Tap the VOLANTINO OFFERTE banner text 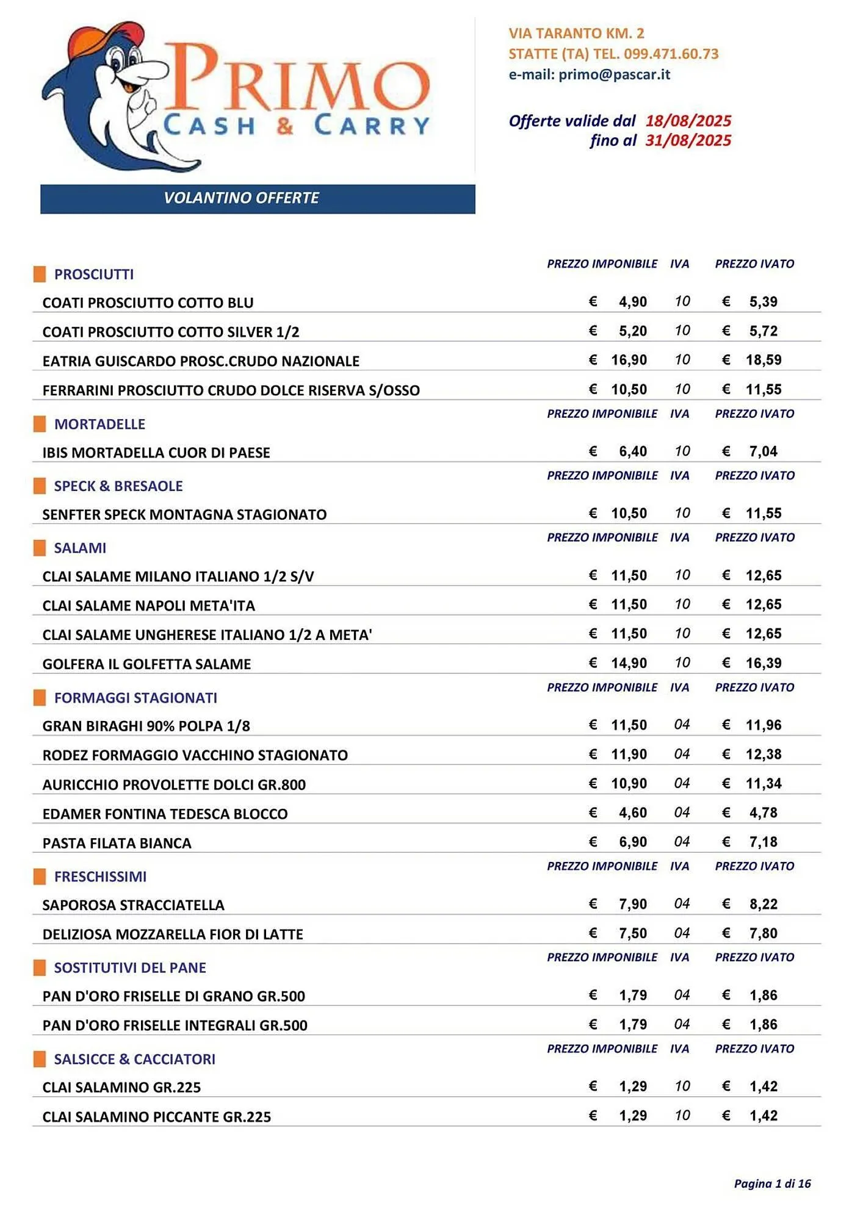tap(241, 198)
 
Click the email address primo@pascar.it tap(614, 74)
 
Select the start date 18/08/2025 tap(688, 121)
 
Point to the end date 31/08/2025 tap(688, 141)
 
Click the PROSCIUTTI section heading tap(94, 274)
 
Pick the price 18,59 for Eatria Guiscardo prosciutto tap(763, 360)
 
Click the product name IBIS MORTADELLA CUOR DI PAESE tap(156, 453)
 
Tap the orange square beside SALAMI tap(40, 548)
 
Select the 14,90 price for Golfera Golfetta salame tap(629, 663)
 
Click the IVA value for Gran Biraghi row tap(682, 725)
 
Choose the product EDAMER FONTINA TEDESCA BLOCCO tap(165, 814)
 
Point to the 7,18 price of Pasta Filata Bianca tap(763, 842)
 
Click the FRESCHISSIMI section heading tap(100, 877)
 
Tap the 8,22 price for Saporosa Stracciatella tap(763, 904)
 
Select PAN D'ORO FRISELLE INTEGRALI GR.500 tap(175, 1025)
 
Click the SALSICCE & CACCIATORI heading tap(134, 1059)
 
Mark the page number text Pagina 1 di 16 tap(772, 1183)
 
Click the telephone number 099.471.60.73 tap(671, 54)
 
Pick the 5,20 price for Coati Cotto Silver tap(632, 331)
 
